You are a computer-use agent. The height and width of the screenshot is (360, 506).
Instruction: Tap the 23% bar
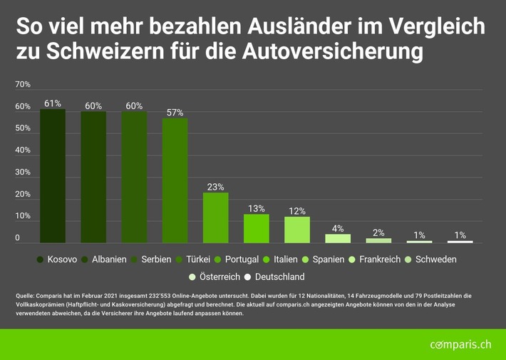(x=215, y=217)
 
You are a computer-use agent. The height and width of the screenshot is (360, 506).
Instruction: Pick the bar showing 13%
(x=257, y=228)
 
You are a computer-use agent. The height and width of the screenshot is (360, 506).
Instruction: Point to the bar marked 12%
(x=297, y=230)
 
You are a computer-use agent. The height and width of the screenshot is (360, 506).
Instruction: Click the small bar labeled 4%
(x=338, y=238)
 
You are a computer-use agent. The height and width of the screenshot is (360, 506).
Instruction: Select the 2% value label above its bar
(x=379, y=232)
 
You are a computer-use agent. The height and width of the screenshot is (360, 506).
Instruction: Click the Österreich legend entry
(x=218, y=277)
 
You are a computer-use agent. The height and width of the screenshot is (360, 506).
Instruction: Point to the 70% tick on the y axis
(x=23, y=85)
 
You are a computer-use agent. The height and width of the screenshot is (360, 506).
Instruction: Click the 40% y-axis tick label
(x=23, y=150)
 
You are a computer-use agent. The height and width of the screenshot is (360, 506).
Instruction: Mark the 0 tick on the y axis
(x=19, y=238)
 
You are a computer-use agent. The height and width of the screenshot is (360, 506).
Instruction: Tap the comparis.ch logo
(x=460, y=344)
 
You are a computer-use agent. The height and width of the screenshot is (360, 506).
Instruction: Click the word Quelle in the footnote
(x=26, y=295)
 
